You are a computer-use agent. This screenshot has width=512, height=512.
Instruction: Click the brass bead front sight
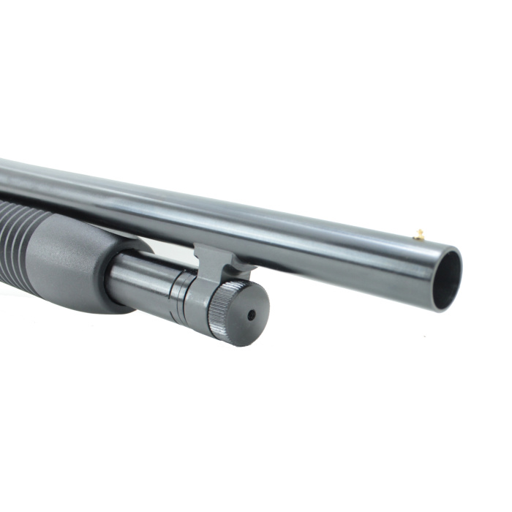[x=420, y=235]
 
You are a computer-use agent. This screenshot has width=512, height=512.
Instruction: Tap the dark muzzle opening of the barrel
[x=446, y=280]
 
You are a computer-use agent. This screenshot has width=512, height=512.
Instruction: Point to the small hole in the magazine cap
[x=251, y=315]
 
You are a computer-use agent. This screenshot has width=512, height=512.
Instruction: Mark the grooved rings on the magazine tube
[x=177, y=295]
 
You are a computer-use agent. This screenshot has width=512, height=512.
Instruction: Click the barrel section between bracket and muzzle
[x=329, y=249]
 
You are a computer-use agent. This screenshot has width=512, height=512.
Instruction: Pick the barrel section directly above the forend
[x=73, y=190]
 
